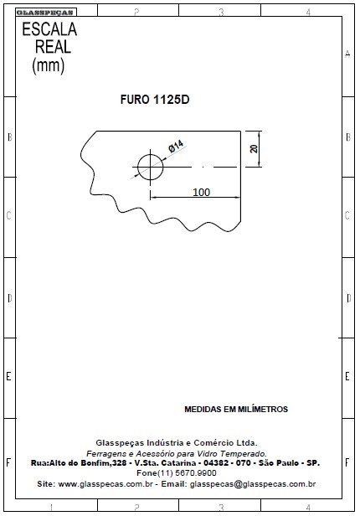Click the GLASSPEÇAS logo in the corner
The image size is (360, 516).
pyautogui.click(x=44, y=13)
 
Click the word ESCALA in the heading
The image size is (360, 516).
pyautogui.click(x=49, y=29)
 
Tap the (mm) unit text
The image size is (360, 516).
pyautogui.click(x=49, y=65)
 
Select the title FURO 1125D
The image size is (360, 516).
pyautogui.click(x=155, y=100)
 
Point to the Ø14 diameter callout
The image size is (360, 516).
pyautogui.click(x=176, y=146)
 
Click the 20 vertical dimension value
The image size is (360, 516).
pyautogui.click(x=254, y=149)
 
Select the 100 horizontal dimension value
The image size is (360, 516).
pyautogui.click(x=201, y=192)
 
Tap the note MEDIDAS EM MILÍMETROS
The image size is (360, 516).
pyautogui.click(x=236, y=409)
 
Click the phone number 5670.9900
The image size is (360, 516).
pyautogui.click(x=196, y=473)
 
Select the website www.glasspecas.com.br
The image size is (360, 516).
pyautogui.click(x=105, y=484)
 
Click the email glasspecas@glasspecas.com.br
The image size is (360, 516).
pyautogui.click(x=253, y=484)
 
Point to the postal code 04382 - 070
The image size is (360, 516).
pyautogui.click(x=227, y=462)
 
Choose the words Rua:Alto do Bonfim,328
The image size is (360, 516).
pyautogui.click(x=79, y=462)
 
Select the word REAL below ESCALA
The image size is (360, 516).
pyautogui.click(x=53, y=47)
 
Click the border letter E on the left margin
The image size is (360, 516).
pyautogui.click(x=8, y=376)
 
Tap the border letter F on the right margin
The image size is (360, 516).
pyautogui.click(x=347, y=462)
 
